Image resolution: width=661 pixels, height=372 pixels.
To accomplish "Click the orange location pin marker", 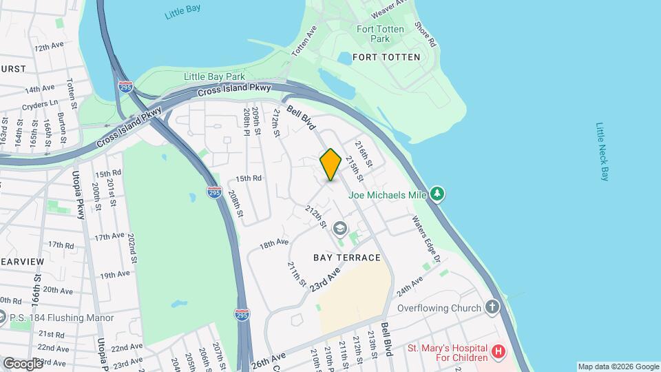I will (x=330, y=165).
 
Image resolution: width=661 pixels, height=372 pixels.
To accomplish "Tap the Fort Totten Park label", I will (x=375, y=34).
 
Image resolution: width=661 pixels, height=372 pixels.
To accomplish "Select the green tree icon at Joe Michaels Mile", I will (x=437, y=194).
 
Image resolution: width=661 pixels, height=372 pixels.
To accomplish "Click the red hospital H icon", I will (x=499, y=353).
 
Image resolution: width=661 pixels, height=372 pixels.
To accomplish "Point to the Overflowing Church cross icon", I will (x=492, y=307).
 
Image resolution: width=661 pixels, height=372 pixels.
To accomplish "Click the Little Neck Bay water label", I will (x=602, y=152).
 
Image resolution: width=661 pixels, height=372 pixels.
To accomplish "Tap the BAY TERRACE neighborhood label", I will (x=347, y=258).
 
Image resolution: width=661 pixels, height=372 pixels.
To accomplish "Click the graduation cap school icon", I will (x=339, y=228).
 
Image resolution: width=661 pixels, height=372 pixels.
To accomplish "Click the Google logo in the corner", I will (x=22, y=363).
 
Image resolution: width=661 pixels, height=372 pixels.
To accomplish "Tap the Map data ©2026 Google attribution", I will (x=618, y=366).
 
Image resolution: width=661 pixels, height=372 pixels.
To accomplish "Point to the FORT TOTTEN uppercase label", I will (x=386, y=57).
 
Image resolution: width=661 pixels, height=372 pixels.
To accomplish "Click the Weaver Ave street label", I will (x=384, y=10).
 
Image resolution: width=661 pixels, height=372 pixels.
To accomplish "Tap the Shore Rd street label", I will (x=426, y=34).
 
